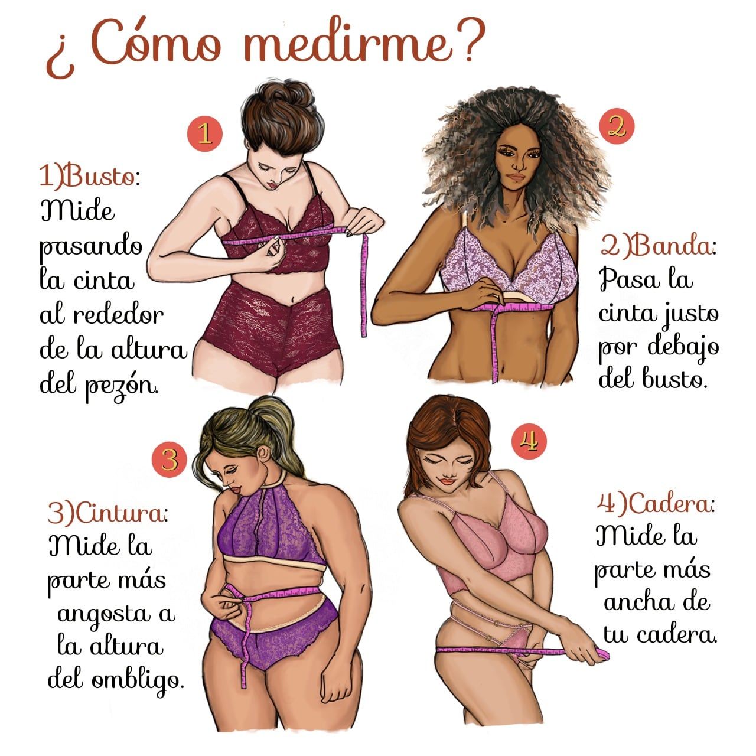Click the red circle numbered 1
(x=205, y=133)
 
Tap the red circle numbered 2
(x=617, y=126)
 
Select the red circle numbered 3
(x=170, y=460)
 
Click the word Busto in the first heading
(x=99, y=177)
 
